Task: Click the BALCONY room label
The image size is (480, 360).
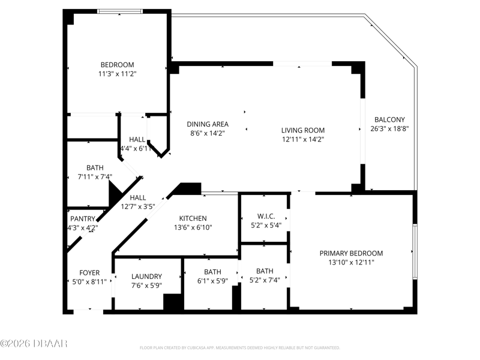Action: coord(389,119)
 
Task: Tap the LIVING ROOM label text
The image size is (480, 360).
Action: coord(303,130)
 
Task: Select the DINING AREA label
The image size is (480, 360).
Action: coord(208,124)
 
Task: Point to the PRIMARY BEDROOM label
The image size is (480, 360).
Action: coord(351,253)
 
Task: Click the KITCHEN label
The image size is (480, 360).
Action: coord(193,218)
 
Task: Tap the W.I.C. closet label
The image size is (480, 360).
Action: coord(266,217)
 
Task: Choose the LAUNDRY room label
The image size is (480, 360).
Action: coord(146,277)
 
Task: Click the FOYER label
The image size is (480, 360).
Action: coord(89,273)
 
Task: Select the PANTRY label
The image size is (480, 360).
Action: coord(83,219)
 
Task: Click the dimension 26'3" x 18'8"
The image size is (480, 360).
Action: coord(389,129)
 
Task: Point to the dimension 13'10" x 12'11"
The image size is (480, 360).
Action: coord(351,262)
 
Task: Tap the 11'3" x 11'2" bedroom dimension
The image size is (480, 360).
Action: coord(117,74)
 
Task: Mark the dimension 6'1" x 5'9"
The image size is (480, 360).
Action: coord(212,281)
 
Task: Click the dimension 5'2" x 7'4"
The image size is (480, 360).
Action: coord(265,280)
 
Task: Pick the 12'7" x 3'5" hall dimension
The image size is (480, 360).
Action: coord(138,206)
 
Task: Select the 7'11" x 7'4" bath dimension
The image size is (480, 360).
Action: coord(95,176)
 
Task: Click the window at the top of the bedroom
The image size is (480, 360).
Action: coord(120,11)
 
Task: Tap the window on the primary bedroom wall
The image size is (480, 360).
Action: coord(415,251)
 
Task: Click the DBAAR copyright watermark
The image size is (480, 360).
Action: coord(34,343)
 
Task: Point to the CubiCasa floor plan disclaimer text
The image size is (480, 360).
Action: coord(239,348)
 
